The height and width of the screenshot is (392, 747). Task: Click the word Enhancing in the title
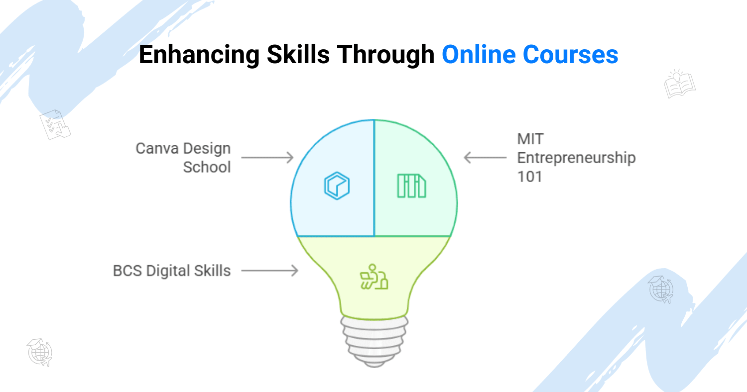pyautogui.click(x=199, y=55)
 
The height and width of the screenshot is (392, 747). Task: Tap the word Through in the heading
pyautogui.click(x=385, y=55)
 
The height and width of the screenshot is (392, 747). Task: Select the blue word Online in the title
pyautogui.click(x=479, y=54)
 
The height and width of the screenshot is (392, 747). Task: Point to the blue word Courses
pyautogui.click(x=571, y=54)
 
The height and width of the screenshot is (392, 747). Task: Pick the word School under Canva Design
pyautogui.click(x=207, y=167)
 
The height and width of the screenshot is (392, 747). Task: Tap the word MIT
pyautogui.click(x=530, y=139)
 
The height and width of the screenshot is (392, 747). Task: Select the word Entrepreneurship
pyautogui.click(x=576, y=158)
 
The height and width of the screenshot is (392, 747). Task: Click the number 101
pyautogui.click(x=529, y=177)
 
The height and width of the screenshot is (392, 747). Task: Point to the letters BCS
pyautogui.click(x=127, y=271)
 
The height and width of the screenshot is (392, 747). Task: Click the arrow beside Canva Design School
pyautogui.click(x=267, y=158)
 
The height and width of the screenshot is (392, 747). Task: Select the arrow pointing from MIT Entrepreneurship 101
pyautogui.click(x=485, y=158)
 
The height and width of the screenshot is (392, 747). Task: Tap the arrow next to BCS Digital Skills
pyautogui.click(x=270, y=271)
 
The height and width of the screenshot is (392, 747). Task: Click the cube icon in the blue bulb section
pyautogui.click(x=337, y=186)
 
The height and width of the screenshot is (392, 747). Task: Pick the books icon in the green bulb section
pyautogui.click(x=411, y=186)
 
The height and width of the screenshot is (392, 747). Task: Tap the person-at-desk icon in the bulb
pyautogui.click(x=374, y=277)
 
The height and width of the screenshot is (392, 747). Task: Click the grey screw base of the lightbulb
pyautogui.click(x=374, y=341)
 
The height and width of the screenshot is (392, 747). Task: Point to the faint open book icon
pyautogui.click(x=679, y=84)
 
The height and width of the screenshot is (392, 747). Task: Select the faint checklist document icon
pyautogui.click(x=55, y=124)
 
